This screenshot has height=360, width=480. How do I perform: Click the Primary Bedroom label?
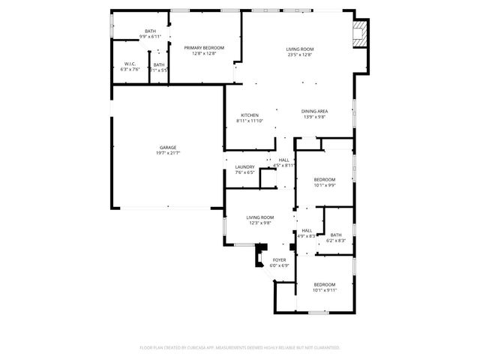coord(203,47)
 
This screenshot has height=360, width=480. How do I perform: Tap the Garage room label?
coord(167,147)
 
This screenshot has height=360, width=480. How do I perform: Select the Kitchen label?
coord(250,115)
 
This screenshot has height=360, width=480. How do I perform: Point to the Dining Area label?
coord(315,111)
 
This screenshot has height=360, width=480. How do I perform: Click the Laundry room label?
coord(245,166)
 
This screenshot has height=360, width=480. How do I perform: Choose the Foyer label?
coord(279,259)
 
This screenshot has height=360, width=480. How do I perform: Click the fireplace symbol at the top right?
coord(361,32)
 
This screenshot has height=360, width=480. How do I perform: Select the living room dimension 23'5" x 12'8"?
coord(299,55)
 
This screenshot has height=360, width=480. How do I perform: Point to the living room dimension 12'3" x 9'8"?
coord(260,223)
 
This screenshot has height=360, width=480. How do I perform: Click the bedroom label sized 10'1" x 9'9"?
coord(324,179)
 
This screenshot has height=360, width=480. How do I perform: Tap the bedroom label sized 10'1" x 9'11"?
coord(324,284)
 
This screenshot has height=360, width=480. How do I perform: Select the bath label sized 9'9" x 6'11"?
coord(151,31)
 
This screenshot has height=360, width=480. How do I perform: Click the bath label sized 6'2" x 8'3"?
coord(335,235)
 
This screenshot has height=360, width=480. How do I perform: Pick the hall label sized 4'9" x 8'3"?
coord(307,231)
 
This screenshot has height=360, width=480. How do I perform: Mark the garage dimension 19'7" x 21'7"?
coord(167,152)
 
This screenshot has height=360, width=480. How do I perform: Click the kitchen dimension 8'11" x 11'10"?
coord(250,121)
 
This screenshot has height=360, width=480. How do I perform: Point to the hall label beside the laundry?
coord(284,160)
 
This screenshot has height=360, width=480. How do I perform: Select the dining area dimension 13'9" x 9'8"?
coord(315,117)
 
